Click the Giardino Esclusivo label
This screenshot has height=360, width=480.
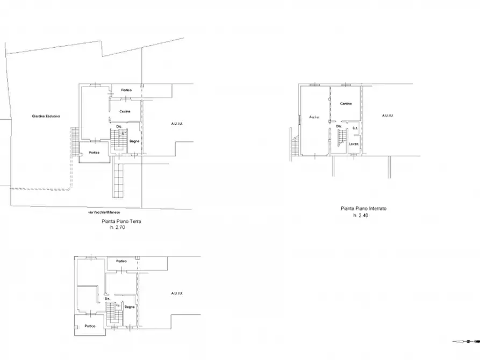(46, 116)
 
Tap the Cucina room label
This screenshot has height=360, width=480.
(125, 111)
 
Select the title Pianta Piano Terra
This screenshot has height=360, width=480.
(121, 221)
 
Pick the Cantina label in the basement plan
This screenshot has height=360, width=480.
(346, 104)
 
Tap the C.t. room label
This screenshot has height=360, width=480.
(355, 128)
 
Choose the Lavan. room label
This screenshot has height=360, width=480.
(353, 144)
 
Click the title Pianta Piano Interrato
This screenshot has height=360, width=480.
(363, 208)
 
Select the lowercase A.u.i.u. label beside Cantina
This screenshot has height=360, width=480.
(314, 117)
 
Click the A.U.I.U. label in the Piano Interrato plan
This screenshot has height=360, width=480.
(387, 116)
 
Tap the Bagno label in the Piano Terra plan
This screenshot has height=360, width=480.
(135, 141)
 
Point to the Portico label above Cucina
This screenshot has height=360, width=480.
(126, 90)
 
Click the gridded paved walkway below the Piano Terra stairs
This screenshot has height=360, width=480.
(119, 179)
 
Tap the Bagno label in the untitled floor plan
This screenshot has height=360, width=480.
(130, 307)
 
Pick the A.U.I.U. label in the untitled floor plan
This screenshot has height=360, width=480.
(176, 293)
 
